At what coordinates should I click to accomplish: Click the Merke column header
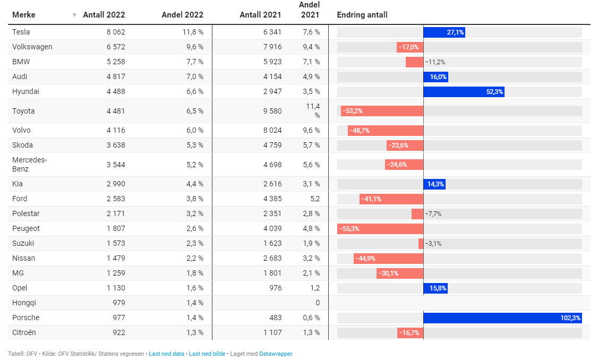23,15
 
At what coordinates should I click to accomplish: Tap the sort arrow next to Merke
74,15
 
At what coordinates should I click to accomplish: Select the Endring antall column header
362,15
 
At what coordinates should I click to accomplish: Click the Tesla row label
21,32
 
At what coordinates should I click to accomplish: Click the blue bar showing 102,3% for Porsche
502,318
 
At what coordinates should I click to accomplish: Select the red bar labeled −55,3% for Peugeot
380,229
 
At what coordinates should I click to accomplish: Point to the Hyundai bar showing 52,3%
464,92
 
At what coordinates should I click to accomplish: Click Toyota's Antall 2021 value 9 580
270,111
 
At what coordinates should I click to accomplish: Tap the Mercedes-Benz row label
30,165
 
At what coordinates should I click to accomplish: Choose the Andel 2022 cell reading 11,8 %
193,32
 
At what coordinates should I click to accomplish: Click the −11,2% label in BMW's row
435,62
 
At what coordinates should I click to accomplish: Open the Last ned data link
166,354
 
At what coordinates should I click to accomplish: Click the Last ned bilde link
207,354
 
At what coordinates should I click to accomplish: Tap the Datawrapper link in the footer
276,354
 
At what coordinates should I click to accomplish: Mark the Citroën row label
24,332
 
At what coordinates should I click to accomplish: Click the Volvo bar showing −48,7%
386,131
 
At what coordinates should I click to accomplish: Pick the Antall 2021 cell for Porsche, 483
274,318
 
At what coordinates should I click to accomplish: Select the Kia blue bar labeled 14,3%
434,184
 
